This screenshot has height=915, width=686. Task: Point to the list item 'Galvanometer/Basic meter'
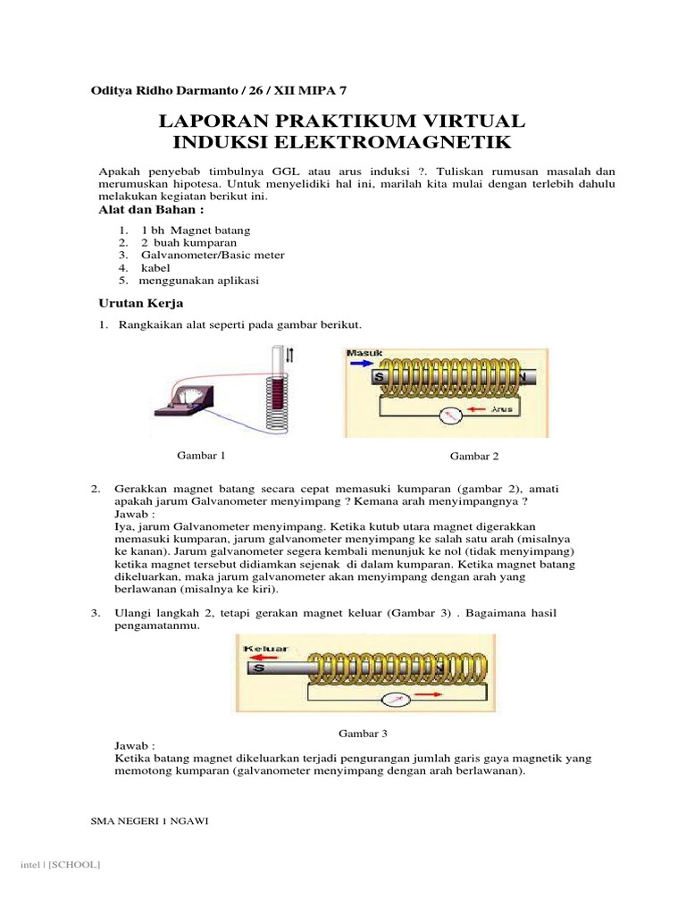click(207, 255)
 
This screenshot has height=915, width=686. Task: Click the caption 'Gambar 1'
click(201, 455)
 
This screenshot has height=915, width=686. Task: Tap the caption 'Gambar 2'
click(474, 456)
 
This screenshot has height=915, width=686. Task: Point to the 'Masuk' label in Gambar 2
click(364, 354)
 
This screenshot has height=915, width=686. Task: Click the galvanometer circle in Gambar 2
click(452, 415)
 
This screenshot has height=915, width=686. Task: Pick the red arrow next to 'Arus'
click(479, 410)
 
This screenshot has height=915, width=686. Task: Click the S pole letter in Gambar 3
click(257, 667)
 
